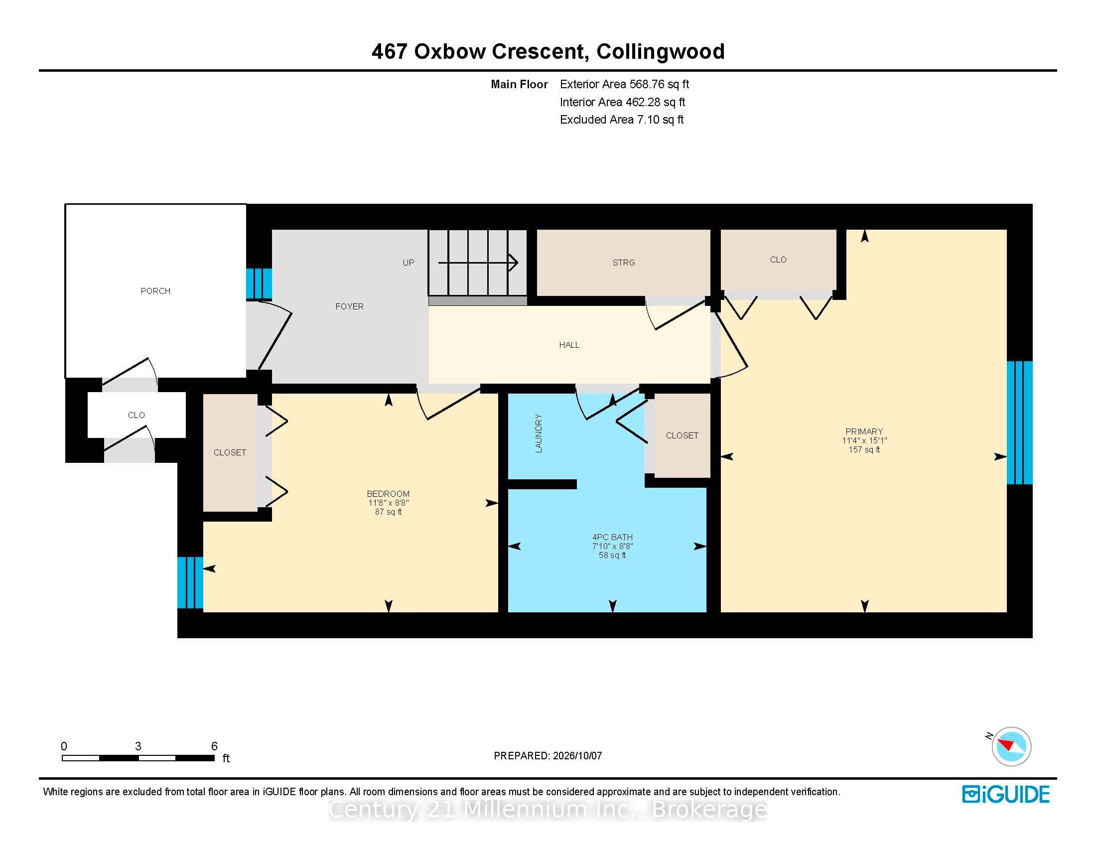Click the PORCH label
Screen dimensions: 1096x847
[155, 291]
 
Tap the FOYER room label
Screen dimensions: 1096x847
[349, 306]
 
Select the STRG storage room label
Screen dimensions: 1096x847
[624, 263]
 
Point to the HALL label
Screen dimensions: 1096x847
[569, 345]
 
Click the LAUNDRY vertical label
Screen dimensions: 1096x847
[539, 433]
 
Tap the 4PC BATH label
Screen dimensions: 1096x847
[612, 538]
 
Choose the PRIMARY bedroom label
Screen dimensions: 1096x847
[864, 431]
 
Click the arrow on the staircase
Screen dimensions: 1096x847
[478, 263]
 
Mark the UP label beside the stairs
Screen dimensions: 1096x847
[409, 263]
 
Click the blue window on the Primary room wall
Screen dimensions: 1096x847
[1020, 423]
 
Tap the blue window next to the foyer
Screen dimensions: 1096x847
[259, 283]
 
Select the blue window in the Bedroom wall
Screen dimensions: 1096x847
[190, 582]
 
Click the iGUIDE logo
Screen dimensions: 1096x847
[1006, 794]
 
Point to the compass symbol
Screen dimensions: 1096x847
[1011, 746]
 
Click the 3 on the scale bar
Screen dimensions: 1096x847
[138, 747]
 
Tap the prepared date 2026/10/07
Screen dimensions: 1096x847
[576, 756]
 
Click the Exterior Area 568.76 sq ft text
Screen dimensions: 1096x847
[625, 84]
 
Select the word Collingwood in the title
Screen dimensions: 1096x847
[661, 52]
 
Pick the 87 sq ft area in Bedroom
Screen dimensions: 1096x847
[389, 512]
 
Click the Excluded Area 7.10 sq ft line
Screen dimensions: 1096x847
[622, 120]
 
